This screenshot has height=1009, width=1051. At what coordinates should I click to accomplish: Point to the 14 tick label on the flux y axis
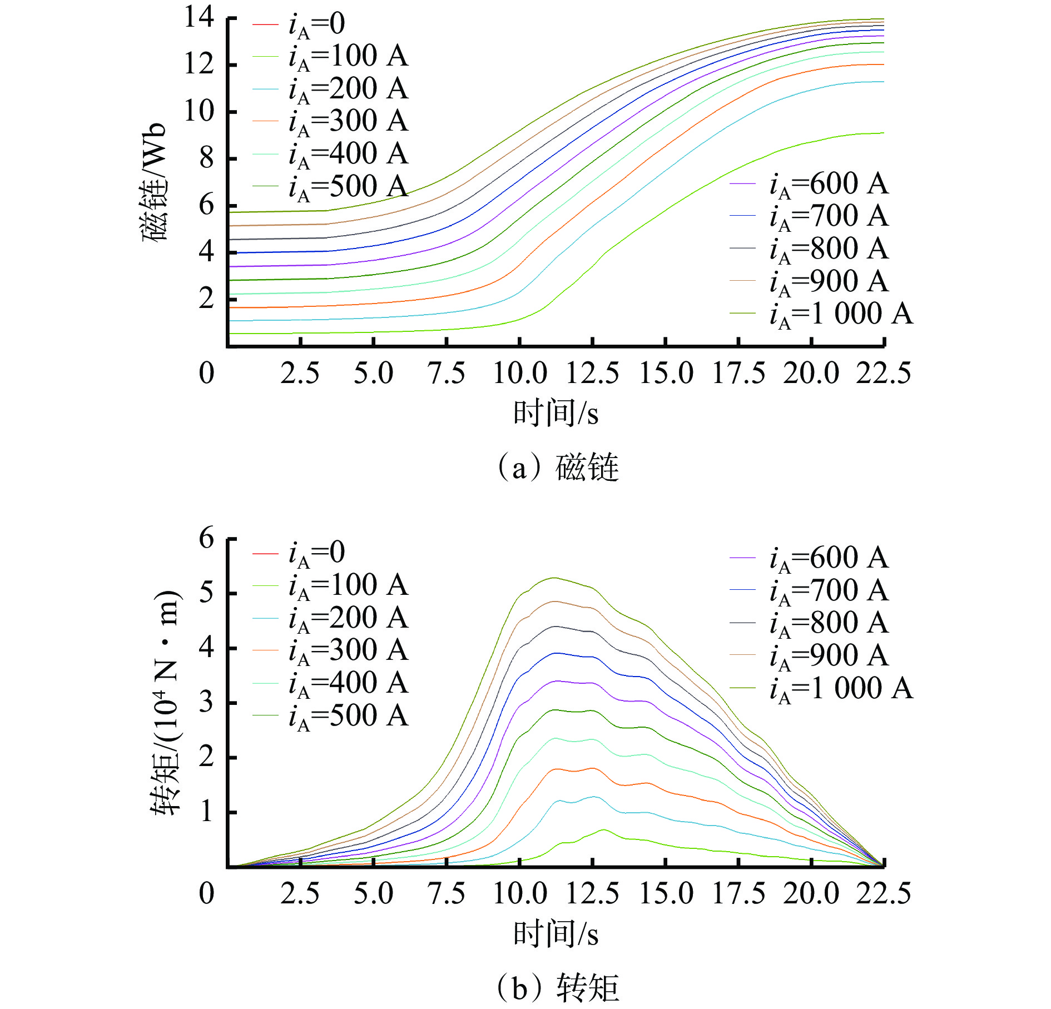pyautogui.click(x=199, y=17)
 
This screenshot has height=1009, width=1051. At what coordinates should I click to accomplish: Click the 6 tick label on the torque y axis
pyautogui.click(x=206, y=538)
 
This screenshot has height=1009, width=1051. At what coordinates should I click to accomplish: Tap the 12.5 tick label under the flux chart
pyautogui.click(x=592, y=372)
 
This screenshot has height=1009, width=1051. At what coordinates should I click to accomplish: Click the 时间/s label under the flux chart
pyautogui.click(x=556, y=413)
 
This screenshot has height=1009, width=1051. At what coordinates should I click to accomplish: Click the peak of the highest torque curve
pyautogui.click(x=554, y=578)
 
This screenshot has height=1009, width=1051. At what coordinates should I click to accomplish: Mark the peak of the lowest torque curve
pyautogui.click(x=604, y=829)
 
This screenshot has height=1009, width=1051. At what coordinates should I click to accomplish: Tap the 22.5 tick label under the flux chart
pyautogui.click(x=883, y=372)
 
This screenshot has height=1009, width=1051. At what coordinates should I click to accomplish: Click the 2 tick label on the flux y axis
pyautogui.click(x=206, y=299)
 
